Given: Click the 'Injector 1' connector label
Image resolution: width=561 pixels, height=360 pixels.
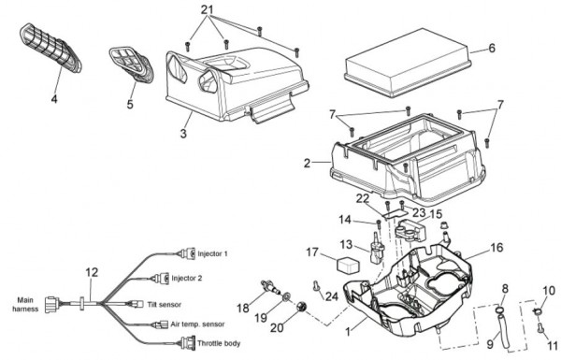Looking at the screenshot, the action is [x=212, y=253].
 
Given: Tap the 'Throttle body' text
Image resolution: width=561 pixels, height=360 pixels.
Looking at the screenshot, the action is [x=219, y=343].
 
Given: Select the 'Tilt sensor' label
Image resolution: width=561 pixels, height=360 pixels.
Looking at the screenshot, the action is [x=165, y=305].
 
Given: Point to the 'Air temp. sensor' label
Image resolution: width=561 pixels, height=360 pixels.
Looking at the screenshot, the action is [x=197, y=324].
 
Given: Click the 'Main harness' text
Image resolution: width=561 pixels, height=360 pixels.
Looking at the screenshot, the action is [x=25, y=305].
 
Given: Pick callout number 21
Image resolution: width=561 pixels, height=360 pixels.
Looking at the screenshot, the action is [x=208, y=9].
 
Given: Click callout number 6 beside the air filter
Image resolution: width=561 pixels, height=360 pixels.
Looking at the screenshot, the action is [x=492, y=49].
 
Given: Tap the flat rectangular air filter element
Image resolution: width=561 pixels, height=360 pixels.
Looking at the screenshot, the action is [x=408, y=63].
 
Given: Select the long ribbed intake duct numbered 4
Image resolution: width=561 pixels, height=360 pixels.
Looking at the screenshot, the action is [x=50, y=49].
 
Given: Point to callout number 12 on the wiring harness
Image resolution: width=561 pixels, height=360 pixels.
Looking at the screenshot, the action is [x=92, y=273].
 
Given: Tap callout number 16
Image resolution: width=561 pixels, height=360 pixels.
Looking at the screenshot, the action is [x=496, y=247].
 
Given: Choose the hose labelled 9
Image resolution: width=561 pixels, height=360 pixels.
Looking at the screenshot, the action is [x=503, y=326].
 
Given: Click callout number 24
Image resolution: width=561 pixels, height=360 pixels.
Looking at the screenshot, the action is [x=332, y=295].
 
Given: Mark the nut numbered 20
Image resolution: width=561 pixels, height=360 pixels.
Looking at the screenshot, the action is [x=302, y=307].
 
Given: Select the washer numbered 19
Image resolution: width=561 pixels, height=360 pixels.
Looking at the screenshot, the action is [x=287, y=297].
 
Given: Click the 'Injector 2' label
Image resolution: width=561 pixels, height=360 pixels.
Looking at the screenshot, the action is [x=186, y=278].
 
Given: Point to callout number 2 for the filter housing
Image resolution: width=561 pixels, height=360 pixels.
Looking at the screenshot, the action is [x=307, y=164].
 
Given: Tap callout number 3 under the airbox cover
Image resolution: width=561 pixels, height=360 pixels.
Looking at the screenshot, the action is [x=183, y=134].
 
